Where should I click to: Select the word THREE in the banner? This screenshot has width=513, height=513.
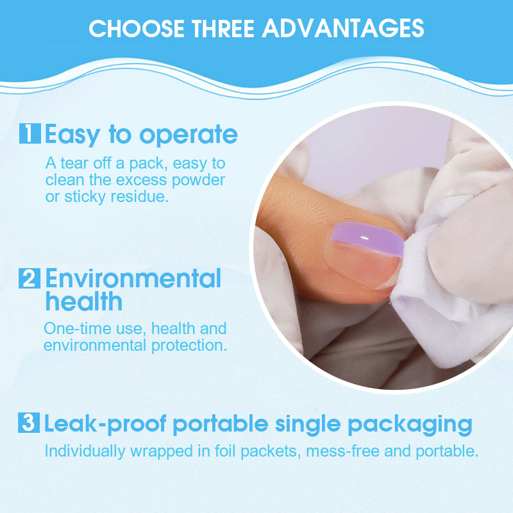point(220,28)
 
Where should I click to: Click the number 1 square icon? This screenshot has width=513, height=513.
point(30,134)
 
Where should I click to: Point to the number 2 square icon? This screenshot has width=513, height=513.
point(30,280)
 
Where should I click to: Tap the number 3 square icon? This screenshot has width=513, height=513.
point(30,424)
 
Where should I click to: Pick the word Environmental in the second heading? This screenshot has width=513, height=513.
point(133,279)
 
